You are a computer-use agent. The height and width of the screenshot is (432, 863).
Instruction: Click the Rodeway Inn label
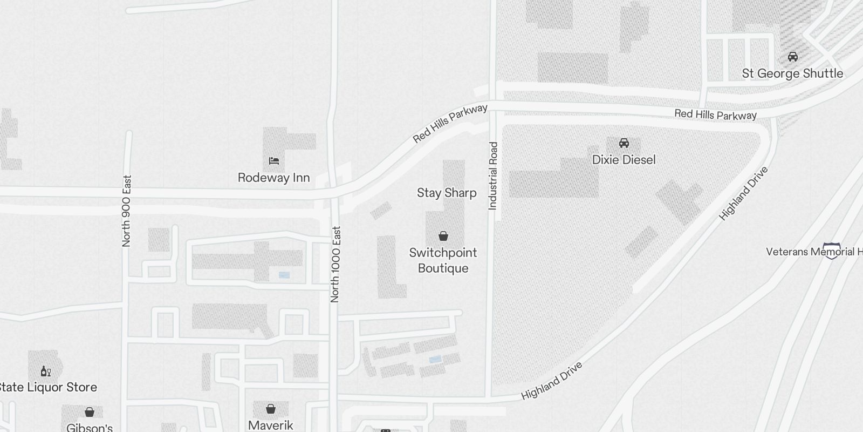273,178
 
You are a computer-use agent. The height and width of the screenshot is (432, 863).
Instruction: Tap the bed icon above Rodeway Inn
273,160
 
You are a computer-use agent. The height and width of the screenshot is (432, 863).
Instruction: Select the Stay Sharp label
447,193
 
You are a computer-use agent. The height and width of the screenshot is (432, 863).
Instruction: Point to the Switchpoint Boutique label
443,260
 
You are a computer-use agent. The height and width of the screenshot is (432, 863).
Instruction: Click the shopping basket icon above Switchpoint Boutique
443,236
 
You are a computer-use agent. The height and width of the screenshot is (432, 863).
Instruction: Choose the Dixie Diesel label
624,160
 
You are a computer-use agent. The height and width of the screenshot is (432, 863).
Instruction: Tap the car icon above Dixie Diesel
624,143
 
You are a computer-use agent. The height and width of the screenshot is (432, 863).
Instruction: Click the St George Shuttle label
792,73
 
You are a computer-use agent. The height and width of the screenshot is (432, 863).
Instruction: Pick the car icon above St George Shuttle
792,57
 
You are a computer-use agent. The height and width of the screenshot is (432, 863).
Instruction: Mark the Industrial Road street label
493,175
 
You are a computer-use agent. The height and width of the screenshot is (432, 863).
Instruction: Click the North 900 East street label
127,211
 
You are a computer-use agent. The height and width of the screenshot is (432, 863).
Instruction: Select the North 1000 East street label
335,264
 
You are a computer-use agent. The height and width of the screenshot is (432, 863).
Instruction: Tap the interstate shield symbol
832,251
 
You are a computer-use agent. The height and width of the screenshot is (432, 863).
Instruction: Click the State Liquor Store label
47,387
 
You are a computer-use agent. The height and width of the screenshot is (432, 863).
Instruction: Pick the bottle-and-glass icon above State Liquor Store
46,371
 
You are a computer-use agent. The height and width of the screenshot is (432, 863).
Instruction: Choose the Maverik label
271,425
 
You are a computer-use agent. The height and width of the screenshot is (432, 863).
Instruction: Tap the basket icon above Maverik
271,408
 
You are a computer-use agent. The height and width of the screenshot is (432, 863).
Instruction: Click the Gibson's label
90,428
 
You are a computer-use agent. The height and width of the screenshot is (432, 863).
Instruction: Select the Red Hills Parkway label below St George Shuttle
715,114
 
